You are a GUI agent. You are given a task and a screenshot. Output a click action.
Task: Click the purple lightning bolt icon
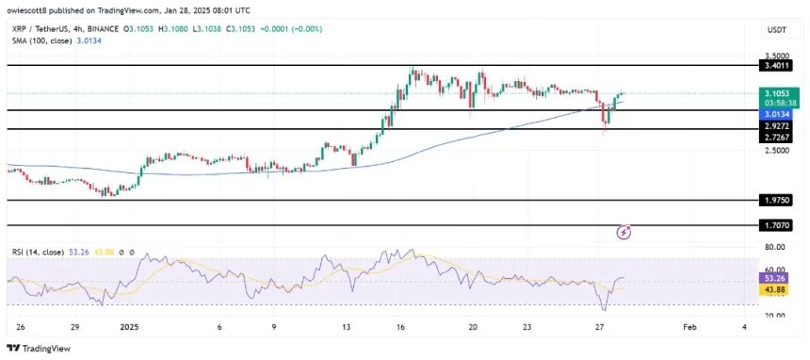click(623, 232)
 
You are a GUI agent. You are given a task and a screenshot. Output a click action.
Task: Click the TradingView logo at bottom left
click(38, 346)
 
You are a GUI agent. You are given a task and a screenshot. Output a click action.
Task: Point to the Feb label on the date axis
click(689, 327)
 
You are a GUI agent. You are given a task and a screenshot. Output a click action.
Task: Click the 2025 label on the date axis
click(129, 327)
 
